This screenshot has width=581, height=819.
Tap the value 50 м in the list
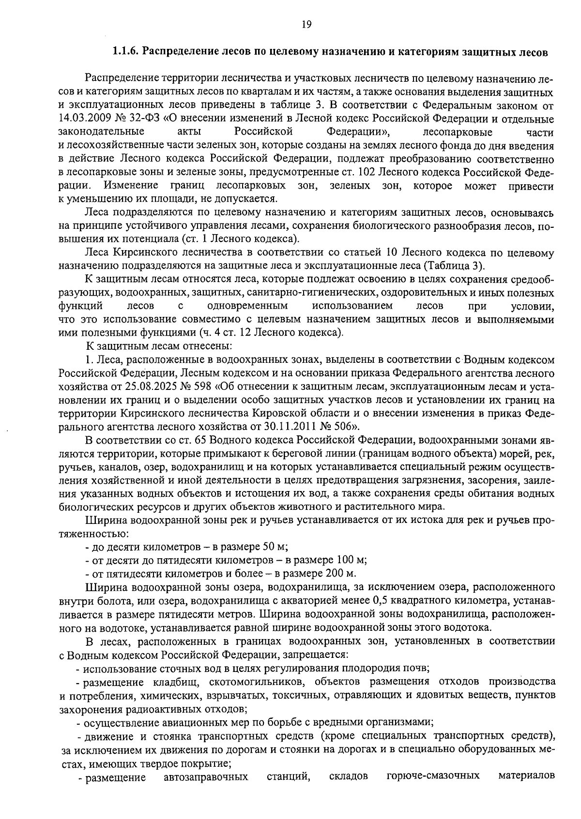(x=275, y=547)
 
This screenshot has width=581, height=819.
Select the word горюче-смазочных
(x=433, y=776)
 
